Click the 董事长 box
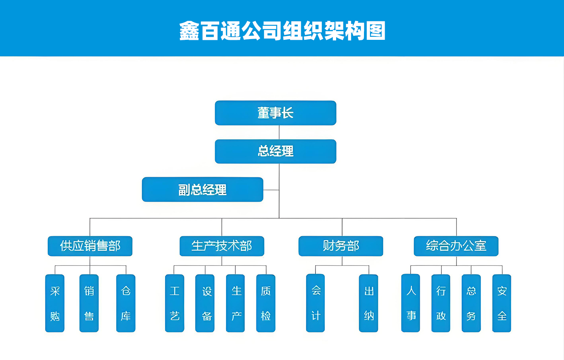275,113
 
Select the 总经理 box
275,151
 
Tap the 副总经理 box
202,189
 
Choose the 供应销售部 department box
90,246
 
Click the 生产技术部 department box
221,246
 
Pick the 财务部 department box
341,246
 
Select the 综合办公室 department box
456,246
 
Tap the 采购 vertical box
55,303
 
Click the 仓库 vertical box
126,303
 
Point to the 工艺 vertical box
174,303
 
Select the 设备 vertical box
205,303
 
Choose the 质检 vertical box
265,303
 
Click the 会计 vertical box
315,303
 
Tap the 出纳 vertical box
368,303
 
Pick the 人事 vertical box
411,303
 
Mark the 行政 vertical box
441,303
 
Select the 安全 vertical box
502,303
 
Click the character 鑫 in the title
189,31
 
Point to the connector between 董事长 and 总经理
279,132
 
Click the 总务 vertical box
471,303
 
